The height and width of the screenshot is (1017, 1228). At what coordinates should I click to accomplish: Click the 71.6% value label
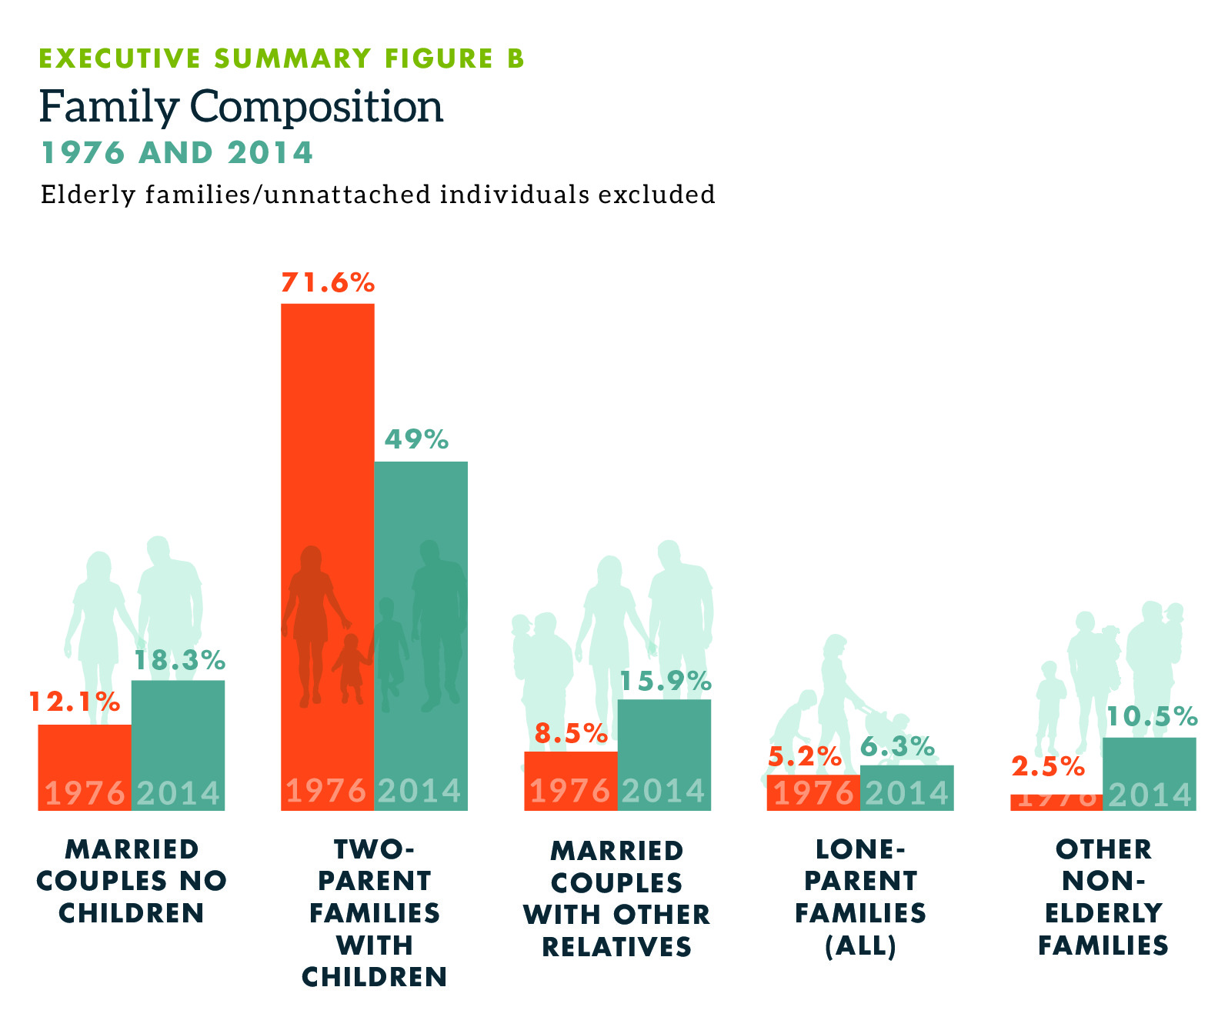click(328, 283)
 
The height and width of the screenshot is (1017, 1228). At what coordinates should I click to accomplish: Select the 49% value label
click(416, 439)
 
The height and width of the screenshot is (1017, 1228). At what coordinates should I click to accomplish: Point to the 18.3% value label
click(180, 660)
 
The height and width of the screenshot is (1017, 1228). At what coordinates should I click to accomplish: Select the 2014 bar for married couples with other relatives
click(664, 754)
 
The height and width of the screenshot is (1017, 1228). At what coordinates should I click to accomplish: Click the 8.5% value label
click(571, 733)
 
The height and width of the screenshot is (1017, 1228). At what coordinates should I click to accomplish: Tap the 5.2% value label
click(805, 757)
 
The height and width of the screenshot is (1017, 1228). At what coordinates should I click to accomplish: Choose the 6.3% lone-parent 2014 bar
click(906, 787)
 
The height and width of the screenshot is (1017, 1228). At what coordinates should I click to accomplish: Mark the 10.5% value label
click(1151, 717)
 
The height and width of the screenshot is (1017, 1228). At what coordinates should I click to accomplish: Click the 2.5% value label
click(1048, 766)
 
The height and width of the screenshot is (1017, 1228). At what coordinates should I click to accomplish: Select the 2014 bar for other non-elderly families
click(1150, 773)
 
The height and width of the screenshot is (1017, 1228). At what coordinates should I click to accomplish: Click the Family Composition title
click(242, 106)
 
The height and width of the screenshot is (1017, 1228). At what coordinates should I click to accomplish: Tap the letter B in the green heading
click(515, 58)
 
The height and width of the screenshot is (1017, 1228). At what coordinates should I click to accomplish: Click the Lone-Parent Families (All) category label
click(860, 897)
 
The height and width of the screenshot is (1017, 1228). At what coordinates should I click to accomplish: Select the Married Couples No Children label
click(132, 881)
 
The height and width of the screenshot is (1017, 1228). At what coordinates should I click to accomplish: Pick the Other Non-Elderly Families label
click(1103, 897)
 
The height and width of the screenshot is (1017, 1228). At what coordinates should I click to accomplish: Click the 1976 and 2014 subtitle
click(177, 152)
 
